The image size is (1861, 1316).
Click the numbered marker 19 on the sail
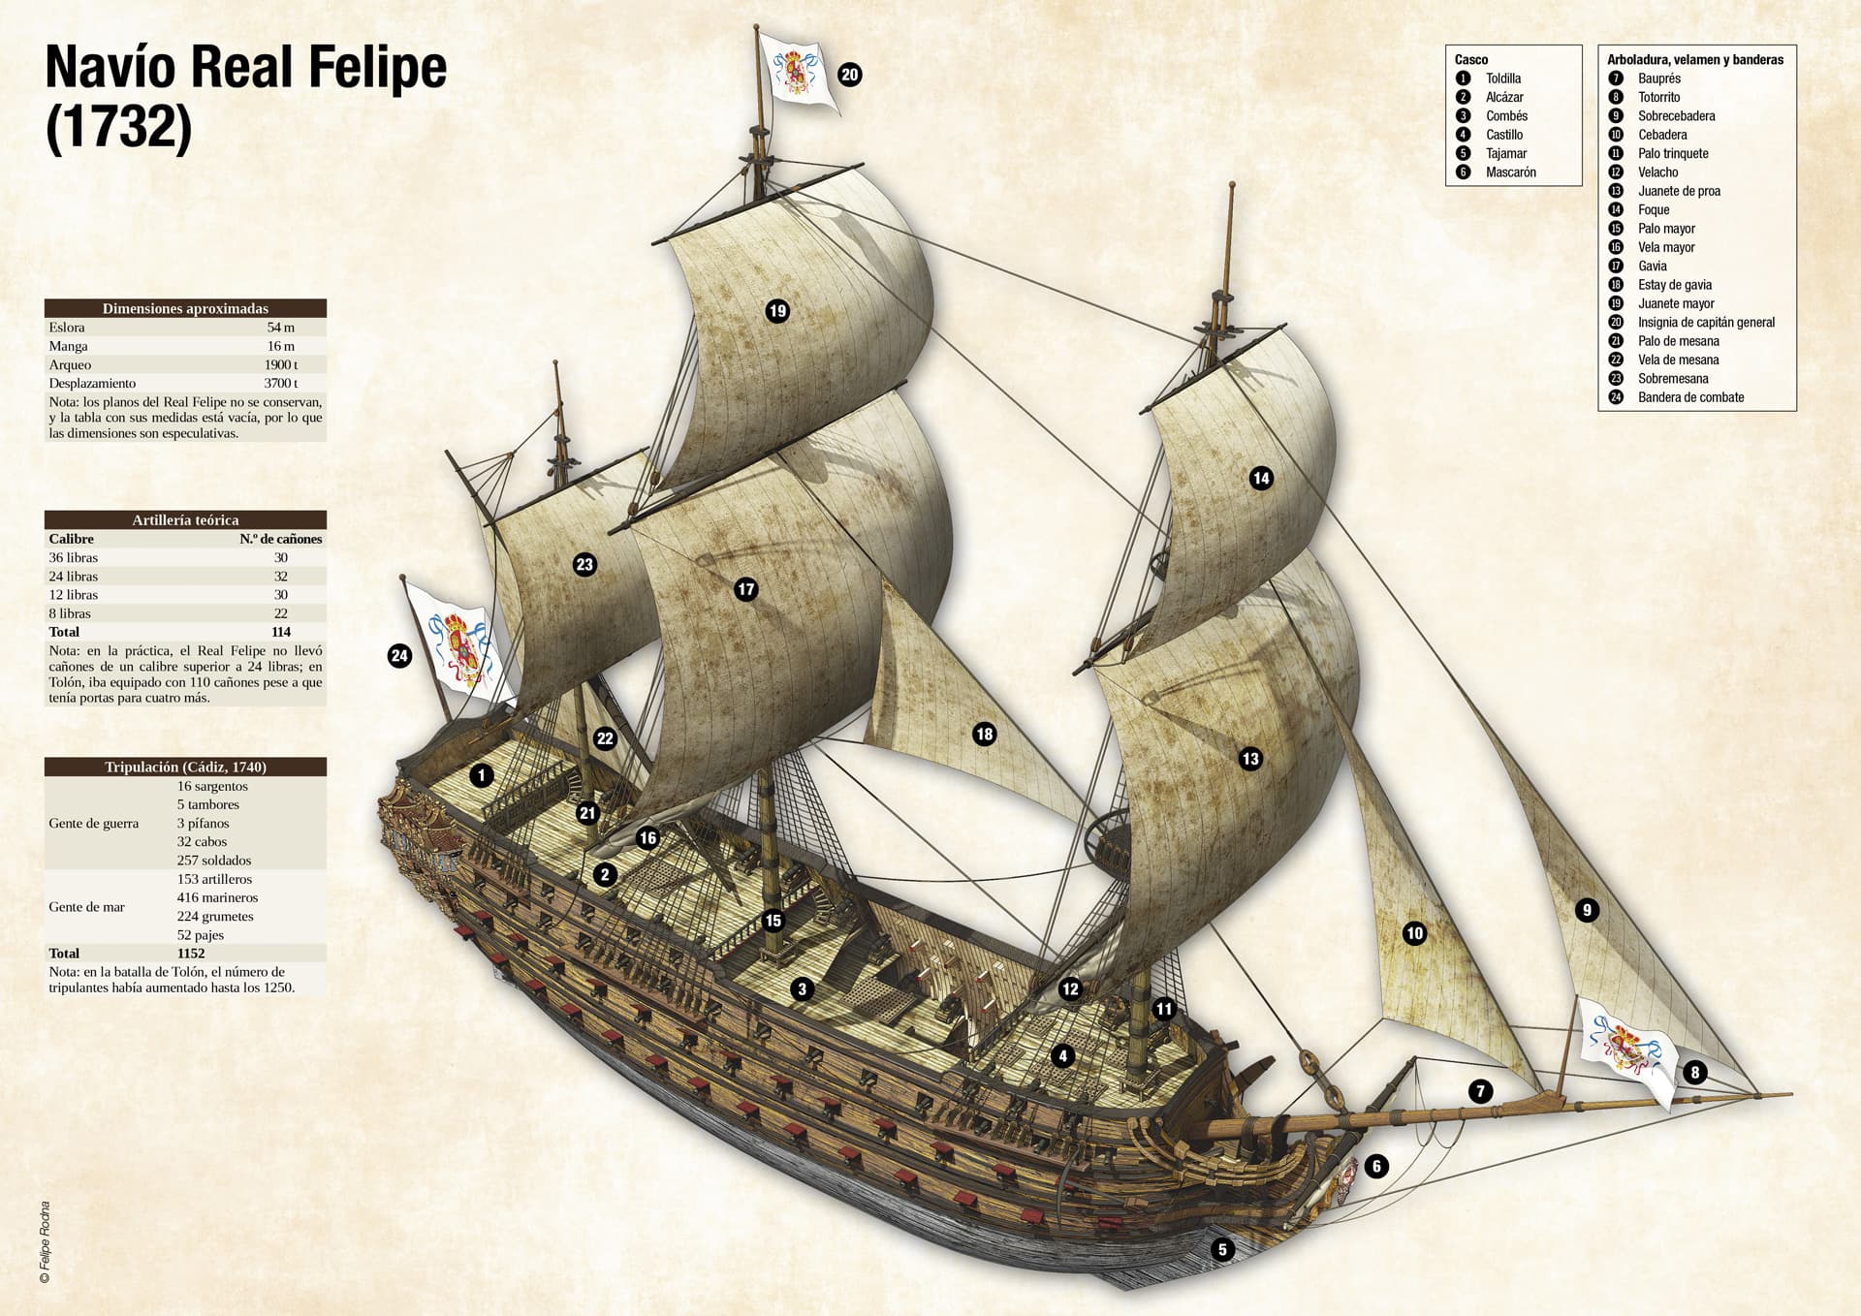coord(777,311)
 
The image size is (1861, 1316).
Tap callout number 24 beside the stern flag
coord(399,656)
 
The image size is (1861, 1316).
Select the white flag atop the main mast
coord(799,69)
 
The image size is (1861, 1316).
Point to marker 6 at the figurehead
coord(1376,1166)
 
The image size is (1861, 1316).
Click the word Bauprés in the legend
coord(1658,78)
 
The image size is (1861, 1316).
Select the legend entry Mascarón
coord(1510,172)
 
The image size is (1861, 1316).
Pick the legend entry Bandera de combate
coord(1690,397)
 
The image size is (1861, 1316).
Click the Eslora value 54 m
coord(281,328)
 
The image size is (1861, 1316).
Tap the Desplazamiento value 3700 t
coord(281,384)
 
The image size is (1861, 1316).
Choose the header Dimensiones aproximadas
coord(185,308)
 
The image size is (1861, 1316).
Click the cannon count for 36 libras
coord(281,558)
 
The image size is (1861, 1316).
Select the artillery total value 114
coord(281,632)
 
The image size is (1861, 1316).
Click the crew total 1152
coord(191,954)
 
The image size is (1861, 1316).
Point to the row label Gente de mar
coord(86,907)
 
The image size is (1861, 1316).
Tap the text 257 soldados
coord(214,861)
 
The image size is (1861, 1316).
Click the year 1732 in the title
coord(119,127)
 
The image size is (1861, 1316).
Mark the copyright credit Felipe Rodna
coord(45,1243)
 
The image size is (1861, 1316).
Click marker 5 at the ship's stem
coord(1222,1249)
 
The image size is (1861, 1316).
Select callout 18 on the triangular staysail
coord(984,734)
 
